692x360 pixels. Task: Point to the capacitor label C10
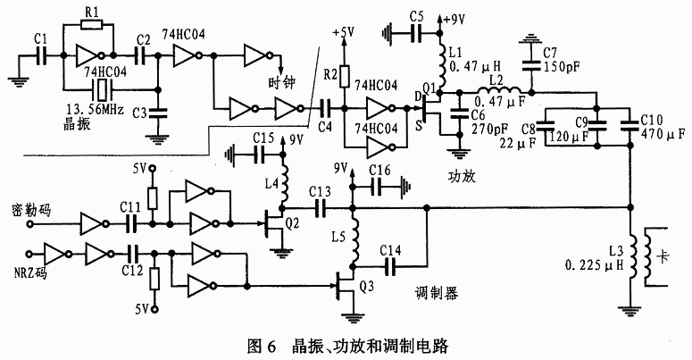point(652,118)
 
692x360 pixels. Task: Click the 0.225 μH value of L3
point(592,265)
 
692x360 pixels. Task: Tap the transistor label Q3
point(366,288)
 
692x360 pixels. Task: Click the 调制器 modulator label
point(438,294)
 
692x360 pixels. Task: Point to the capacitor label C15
point(263,138)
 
